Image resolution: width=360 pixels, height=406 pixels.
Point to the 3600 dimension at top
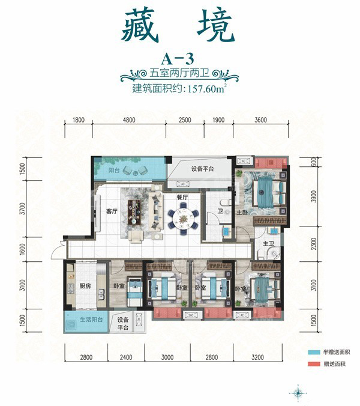click(x=260, y=120)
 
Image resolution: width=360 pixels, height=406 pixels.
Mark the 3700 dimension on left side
click(x=22, y=208)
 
